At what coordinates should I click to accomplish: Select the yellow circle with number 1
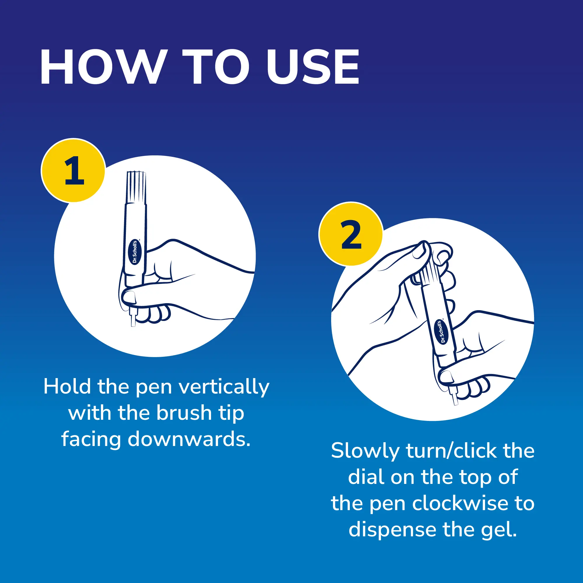73,170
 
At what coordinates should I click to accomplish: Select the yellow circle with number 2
351,234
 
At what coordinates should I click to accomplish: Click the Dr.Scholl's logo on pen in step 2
441,332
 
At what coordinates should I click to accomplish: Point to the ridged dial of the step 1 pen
136,187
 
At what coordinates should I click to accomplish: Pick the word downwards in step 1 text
189,439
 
